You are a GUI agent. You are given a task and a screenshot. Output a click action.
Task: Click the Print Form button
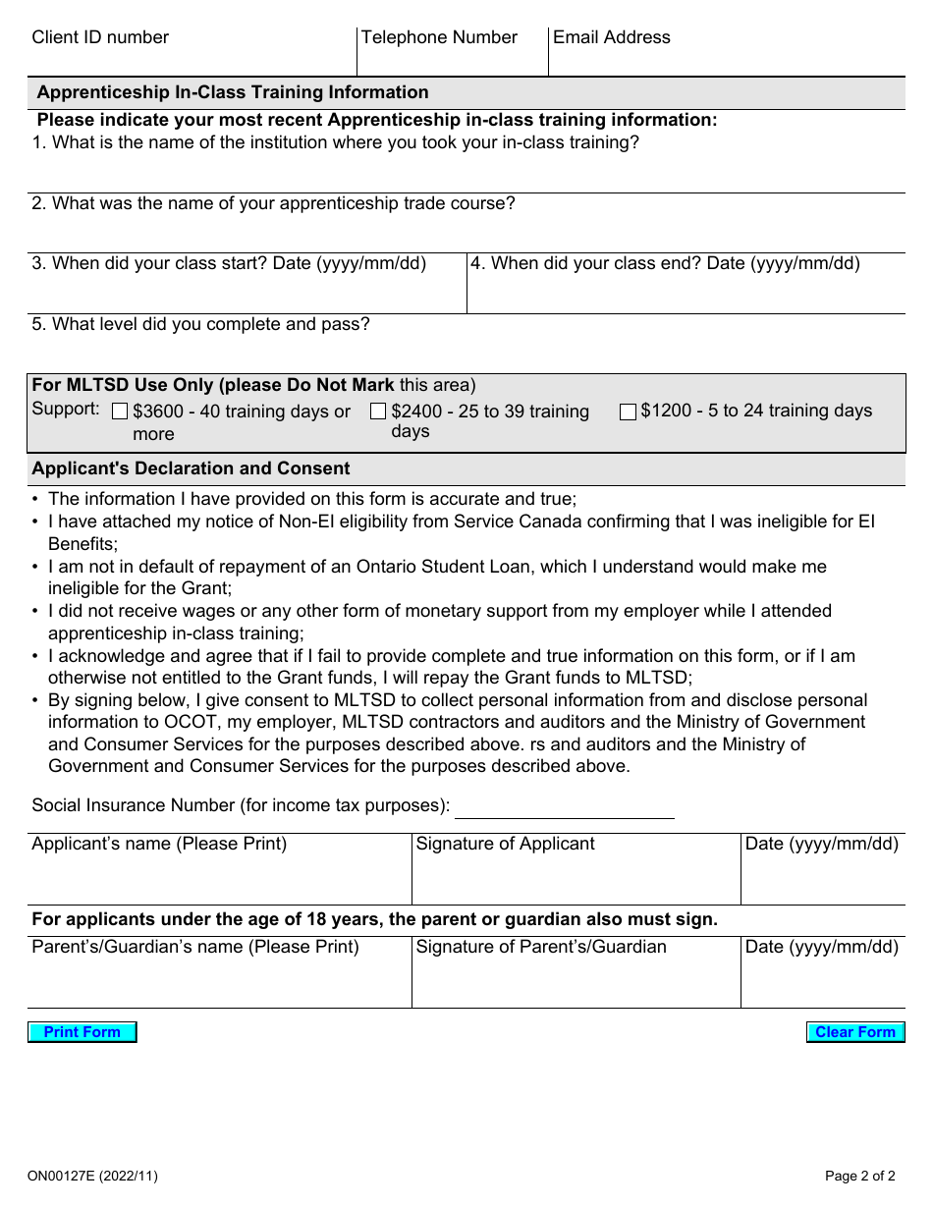82,1032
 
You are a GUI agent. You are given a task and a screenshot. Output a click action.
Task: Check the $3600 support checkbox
121,412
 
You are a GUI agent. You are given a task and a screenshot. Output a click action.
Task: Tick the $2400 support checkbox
378,412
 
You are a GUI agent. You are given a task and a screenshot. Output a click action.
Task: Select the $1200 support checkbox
628,412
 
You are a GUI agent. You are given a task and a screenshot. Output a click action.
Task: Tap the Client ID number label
100,38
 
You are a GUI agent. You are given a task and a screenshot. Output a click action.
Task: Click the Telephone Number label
439,38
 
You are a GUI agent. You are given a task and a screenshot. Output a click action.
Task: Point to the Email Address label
611,38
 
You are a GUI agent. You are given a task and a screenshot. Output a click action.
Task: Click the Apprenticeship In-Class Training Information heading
233,92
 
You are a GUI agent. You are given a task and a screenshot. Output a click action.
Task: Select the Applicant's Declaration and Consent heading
191,468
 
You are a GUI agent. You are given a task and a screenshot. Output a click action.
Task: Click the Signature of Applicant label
505,844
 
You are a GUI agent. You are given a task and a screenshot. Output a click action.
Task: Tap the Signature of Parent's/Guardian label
541,947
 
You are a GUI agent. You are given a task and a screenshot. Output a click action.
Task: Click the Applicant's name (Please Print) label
159,844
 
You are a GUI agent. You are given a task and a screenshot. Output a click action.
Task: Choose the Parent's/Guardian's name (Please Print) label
195,947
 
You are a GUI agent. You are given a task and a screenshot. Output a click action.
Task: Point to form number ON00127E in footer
92,1176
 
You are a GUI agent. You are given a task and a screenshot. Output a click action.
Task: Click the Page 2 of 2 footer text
859,1176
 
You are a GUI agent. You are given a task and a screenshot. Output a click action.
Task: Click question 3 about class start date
229,263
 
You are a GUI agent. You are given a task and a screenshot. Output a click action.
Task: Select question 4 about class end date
665,263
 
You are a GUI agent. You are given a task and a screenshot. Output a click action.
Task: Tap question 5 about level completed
200,324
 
